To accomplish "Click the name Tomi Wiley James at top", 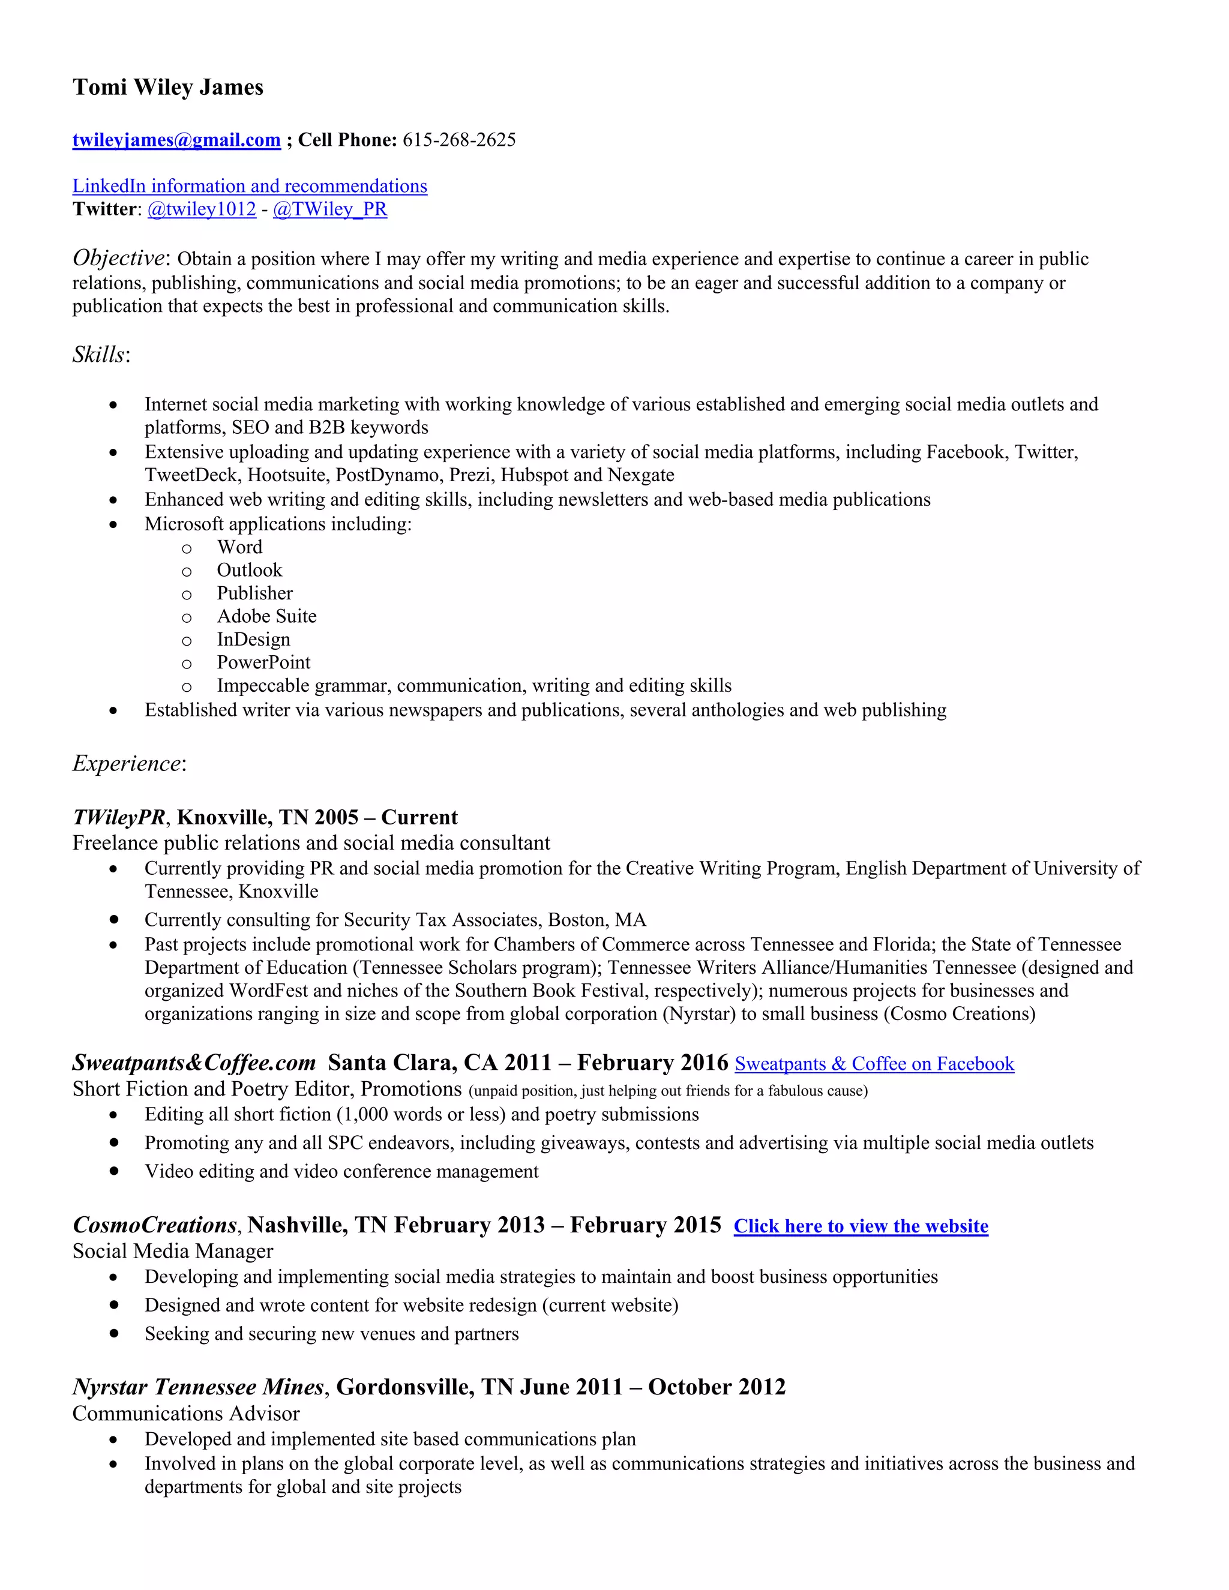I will (x=167, y=88).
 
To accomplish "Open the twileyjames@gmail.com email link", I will (x=176, y=140).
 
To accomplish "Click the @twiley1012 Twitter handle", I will (x=202, y=209).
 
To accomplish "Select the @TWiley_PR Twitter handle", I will (x=330, y=209).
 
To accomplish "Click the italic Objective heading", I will (x=119, y=258).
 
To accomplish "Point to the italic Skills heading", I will (x=99, y=355).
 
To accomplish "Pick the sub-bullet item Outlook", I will (x=249, y=570).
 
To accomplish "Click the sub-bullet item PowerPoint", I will (x=263, y=662).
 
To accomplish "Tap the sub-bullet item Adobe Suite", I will (x=266, y=617).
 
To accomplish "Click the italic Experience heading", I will (x=127, y=764).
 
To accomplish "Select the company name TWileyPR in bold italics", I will (x=119, y=818).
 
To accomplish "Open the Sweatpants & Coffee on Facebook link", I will (x=874, y=1064).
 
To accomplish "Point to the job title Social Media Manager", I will (x=173, y=1252).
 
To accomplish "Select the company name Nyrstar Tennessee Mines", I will (x=198, y=1387).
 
